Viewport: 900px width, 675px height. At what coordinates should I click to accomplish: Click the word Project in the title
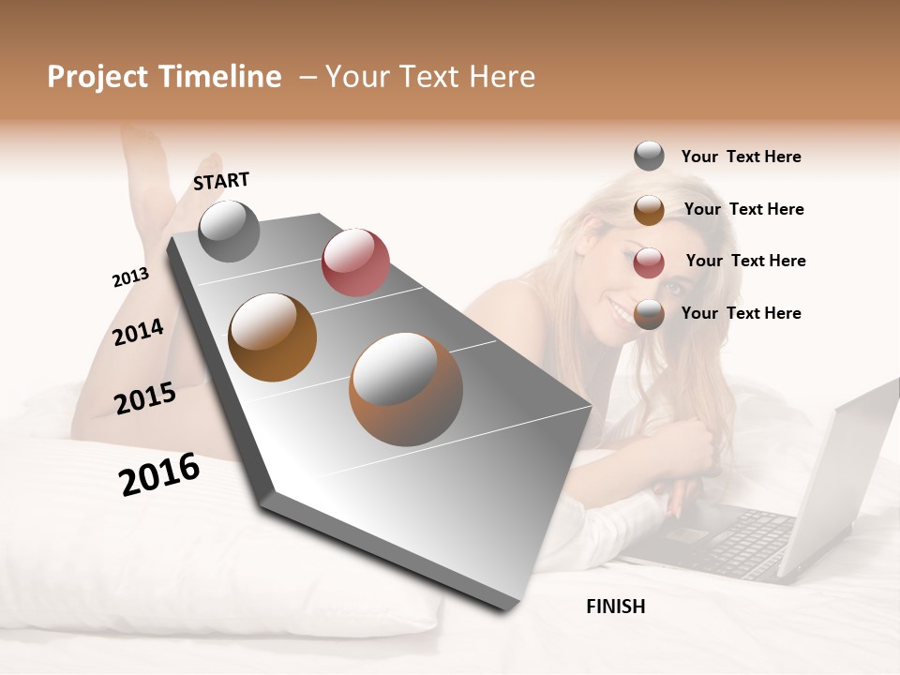point(99,77)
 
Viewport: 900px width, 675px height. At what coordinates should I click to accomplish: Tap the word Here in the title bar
point(502,77)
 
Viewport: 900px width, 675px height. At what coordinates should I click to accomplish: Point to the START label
point(221,181)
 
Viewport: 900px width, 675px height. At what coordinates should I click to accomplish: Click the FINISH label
point(615,607)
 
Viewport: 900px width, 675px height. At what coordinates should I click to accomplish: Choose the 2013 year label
point(130,277)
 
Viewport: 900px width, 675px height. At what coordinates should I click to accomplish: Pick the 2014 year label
point(138,332)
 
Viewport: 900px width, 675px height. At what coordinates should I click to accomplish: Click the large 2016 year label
point(159,474)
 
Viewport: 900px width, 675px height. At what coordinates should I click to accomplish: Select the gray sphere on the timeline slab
point(229,231)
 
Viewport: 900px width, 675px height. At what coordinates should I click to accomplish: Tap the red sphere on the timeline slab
point(355,262)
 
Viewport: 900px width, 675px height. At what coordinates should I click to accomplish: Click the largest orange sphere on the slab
point(406,389)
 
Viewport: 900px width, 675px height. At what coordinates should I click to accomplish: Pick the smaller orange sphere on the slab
point(273,337)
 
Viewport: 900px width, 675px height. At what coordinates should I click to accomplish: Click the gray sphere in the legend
point(649,156)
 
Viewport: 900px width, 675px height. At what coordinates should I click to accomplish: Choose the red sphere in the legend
point(649,262)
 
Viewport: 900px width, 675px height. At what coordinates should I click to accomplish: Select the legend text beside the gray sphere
point(741,157)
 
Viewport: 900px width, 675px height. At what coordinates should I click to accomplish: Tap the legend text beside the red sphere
point(745,261)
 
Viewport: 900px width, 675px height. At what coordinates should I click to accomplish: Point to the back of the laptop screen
point(844,469)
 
